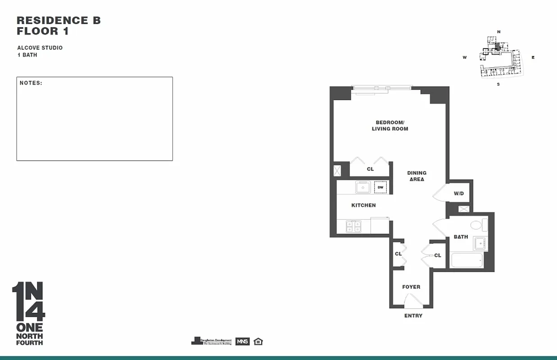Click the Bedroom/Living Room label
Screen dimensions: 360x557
pyautogui.click(x=390, y=126)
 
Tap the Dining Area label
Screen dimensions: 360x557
pyautogui.click(x=417, y=176)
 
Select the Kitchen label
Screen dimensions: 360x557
pyautogui.click(x=363, y=205)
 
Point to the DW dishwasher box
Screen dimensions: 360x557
pyautogui.click(x=380, y=187)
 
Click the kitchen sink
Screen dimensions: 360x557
pyautogui.click(x=363, y=187)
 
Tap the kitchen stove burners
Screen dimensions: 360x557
pyautogui.click(x=353, y=226)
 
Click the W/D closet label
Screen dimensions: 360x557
pyautogui.click(x=458, y=193)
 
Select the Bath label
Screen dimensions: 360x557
pyautogui.click(x=461, y=237)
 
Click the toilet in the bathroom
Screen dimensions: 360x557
pyautogui.click(x=477, y=225)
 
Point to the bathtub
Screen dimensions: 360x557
pyautogui.click(x=466, y=260)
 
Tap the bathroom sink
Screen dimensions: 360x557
pyautogui.click(x=480, y=243)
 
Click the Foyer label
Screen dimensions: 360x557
pyautogui.click(x=411, y=287)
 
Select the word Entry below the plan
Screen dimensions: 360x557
pyautogui.click(x=413, y=316)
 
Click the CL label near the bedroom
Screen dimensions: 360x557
pyautogui.click(x=370, y=169)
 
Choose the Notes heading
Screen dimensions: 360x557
pyautogui.click(x=31, y=83)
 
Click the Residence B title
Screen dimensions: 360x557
pyautogui.click(x=59, y=20)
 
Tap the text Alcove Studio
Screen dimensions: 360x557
pyautogui.click(x=40, y=48)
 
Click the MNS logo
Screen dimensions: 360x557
pyautogui.click(x=242, y=341)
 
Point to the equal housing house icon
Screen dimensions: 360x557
pyautogui.click(x=258, y=341)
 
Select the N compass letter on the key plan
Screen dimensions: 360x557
pyautogui.click(x=498, y=31)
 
